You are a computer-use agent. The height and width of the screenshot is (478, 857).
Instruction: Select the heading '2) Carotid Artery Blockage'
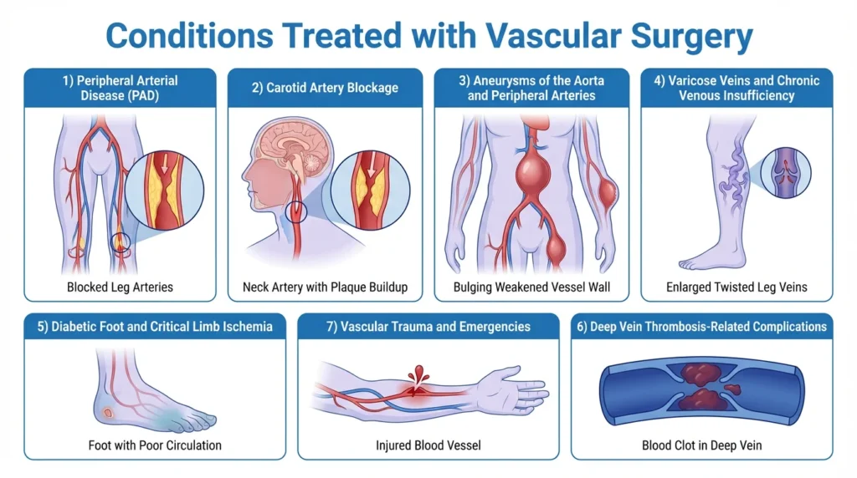click(x=325, y=87)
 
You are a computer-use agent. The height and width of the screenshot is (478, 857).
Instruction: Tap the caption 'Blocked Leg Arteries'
click(x=120, y=287)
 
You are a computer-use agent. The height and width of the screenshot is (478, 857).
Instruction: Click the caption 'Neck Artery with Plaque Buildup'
click(x=325, y=287)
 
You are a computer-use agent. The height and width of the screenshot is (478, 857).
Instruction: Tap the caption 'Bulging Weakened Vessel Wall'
click(x=531, y=287)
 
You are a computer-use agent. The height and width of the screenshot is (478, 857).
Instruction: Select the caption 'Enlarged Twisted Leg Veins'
click(x=736, y=287)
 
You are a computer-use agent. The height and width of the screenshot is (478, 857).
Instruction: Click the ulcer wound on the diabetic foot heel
click(x=106, y=413)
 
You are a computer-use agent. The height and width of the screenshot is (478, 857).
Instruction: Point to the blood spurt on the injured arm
click(x=418, y=373)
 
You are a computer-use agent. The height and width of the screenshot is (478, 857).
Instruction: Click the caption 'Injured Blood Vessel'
click(x=428, y=445)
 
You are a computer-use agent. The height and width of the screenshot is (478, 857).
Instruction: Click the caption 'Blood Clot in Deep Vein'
click(x=701, y=445)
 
